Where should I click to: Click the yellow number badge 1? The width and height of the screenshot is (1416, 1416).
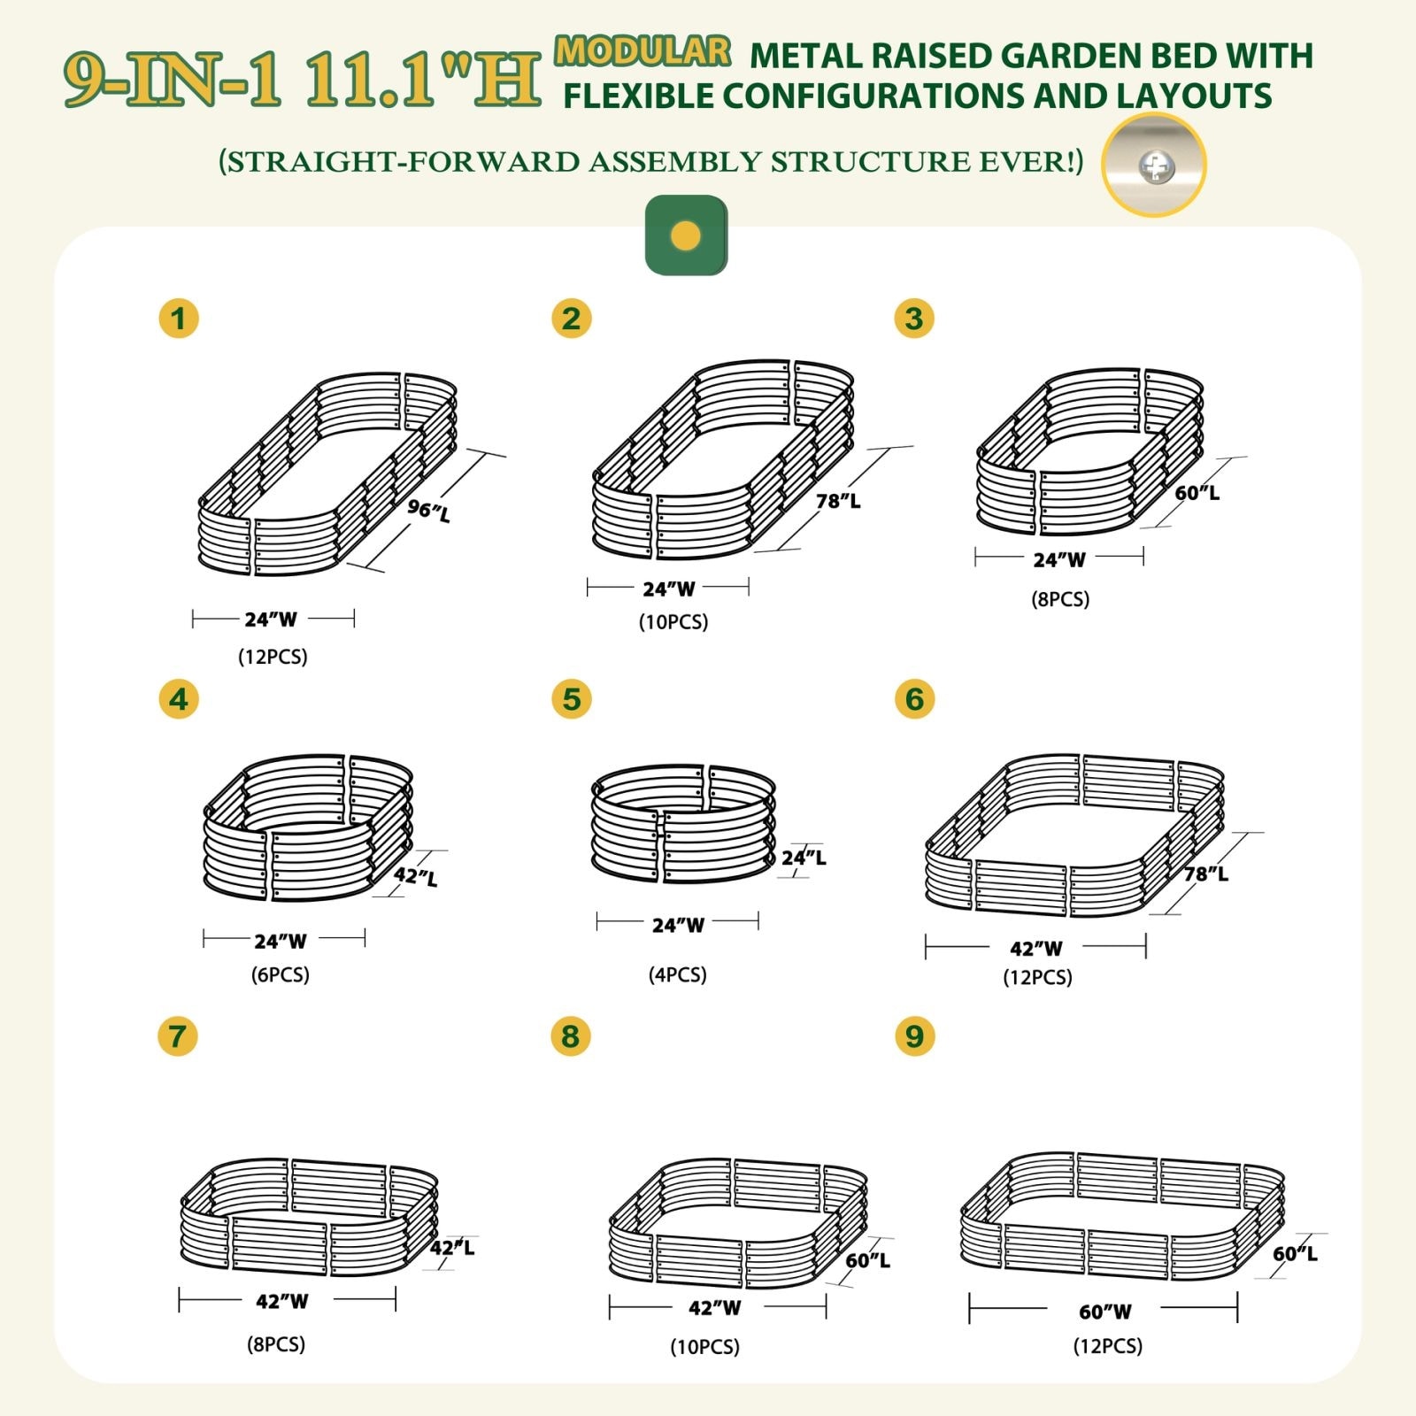tap(179, 319)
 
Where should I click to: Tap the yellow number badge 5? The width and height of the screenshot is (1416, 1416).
tap(571, 699)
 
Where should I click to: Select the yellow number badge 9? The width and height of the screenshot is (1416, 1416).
tap(914, 1035)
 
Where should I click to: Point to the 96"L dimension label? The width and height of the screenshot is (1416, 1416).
tap(429, 510)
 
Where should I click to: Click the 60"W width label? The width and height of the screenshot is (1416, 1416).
tap(1104, 1312)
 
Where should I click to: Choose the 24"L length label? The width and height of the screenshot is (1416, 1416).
tap(804, 857)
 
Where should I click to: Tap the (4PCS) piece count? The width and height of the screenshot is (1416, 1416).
tap(677, 974)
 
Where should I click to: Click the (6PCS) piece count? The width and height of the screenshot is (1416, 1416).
tap(280, 974)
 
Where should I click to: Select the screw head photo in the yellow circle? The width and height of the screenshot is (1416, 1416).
tap(1154, 165)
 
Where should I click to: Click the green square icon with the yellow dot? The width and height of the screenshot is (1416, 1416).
tap(686, 235)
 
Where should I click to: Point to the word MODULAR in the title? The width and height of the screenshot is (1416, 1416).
tap(643, 51)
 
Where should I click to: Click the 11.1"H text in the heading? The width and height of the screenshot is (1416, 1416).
tap(423, 82)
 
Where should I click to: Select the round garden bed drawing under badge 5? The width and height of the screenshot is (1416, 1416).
tap(682, 824)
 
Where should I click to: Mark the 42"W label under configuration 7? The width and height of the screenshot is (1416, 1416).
tap(281, 1301)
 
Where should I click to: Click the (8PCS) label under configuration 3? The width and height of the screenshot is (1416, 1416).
tap(1059, 599)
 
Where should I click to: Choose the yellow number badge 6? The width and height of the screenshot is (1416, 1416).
tap(914, 699)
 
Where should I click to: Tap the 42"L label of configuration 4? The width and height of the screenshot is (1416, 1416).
tap(415, 876)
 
